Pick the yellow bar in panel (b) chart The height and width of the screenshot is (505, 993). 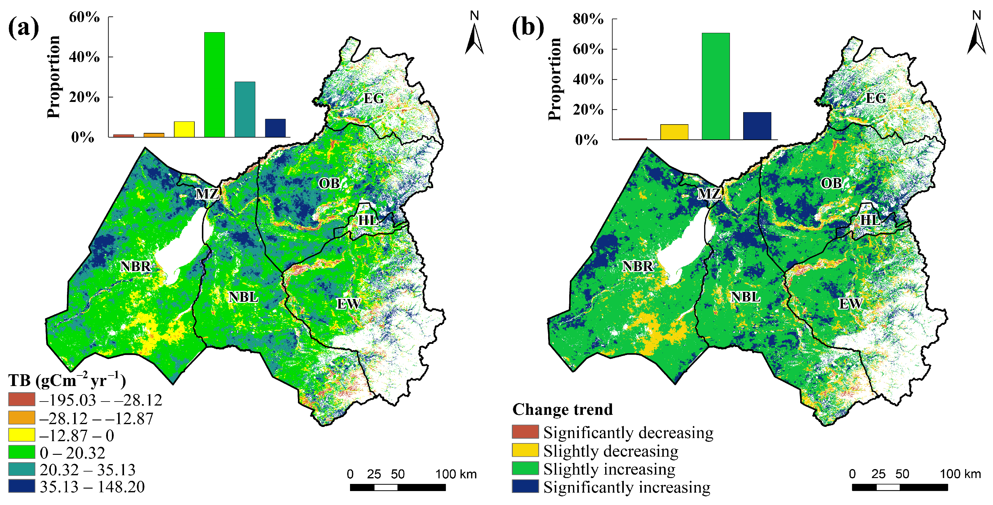(674, 132)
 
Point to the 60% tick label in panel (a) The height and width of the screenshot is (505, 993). (84, 17)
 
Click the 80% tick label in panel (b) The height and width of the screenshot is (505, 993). (588, 19)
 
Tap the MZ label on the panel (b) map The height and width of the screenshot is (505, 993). (709, 194)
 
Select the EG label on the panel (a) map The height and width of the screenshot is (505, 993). (374, 98)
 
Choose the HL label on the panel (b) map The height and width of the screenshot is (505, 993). (870, 220)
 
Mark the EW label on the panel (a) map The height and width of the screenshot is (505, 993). (349, 304)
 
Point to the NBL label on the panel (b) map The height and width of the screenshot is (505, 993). (746, 297)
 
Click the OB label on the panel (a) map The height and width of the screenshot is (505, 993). (329, 183)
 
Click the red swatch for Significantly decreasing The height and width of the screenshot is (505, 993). (525, 432)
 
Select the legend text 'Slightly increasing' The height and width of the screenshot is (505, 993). (609, 469)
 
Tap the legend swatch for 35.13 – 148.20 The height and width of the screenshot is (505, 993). (22, 486)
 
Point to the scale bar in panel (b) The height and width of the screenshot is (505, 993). (899, 487)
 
